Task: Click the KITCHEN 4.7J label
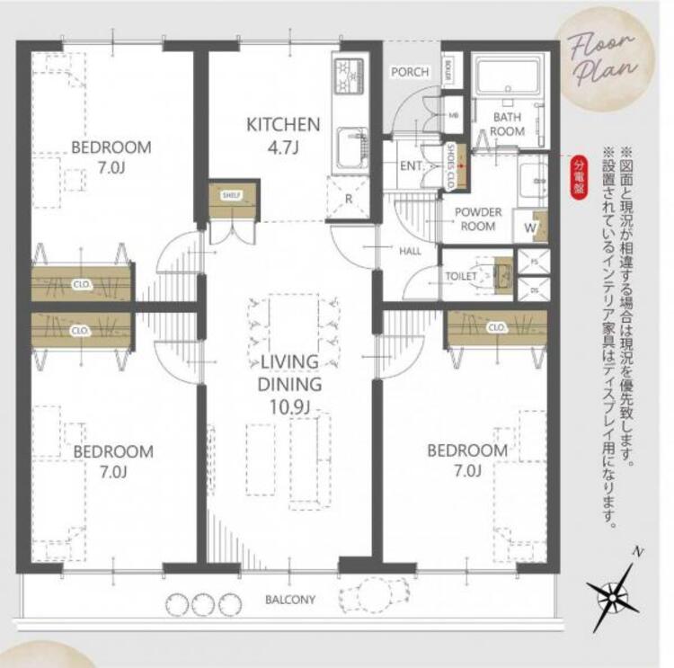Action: [283, 136]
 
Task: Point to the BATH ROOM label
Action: [507, 124]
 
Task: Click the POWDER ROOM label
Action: [477, 218]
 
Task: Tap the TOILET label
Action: [461, 276]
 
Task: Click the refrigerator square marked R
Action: [349, 198]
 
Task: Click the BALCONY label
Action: [289, 599]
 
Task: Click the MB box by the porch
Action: [454, 115]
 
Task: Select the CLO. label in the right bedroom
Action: [496, 328]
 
